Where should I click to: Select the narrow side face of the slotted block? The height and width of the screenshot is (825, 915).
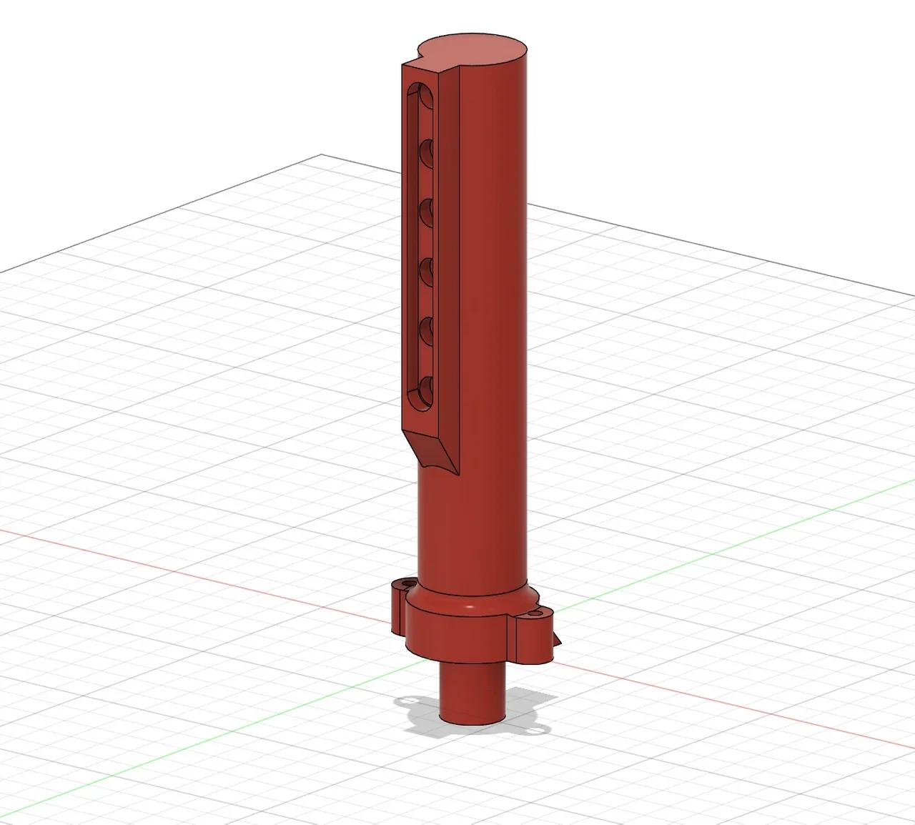click(447, 250)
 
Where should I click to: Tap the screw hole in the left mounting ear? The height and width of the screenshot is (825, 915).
click(408, 584)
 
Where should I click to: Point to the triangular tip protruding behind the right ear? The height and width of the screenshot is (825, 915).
click(558, 641)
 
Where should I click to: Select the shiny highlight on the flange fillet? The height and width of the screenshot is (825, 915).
click(468, 607)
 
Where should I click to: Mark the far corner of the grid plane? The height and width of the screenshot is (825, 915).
click(322, 154)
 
